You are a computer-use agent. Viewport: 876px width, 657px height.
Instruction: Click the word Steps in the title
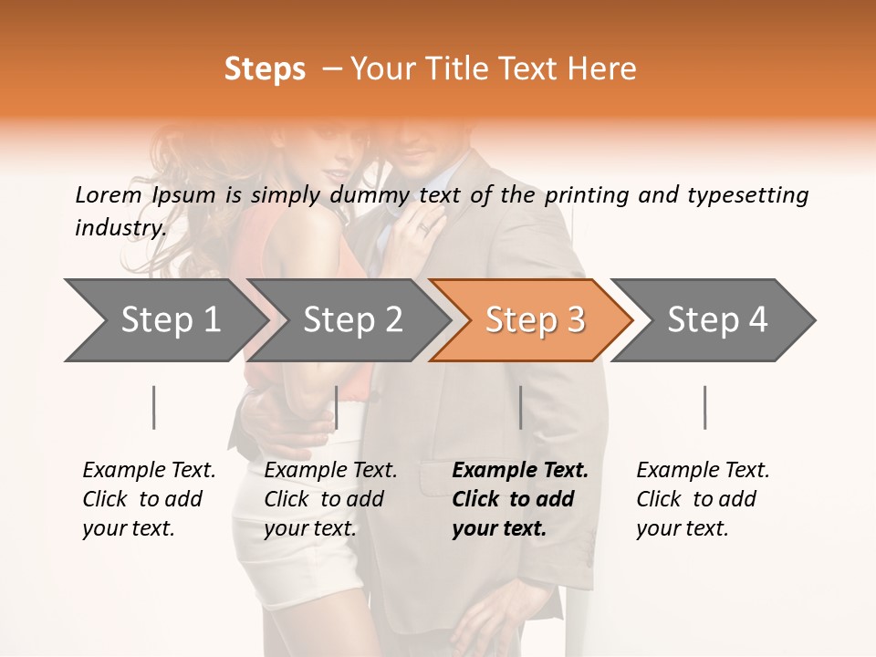point(265,69)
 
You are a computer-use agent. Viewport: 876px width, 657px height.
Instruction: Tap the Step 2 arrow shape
point(347,320)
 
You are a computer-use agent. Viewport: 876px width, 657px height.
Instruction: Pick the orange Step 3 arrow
point(530,320)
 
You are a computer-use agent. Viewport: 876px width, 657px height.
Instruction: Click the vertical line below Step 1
point(154,407)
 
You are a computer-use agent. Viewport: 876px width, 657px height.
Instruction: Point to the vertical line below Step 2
point(337,407)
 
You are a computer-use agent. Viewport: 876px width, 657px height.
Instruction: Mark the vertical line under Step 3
point(521,407)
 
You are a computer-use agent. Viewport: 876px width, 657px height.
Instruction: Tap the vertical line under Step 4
point(705,407)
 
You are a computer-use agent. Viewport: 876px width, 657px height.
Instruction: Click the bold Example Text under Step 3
point(520,499)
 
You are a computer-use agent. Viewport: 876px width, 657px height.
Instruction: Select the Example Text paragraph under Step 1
point(149,499)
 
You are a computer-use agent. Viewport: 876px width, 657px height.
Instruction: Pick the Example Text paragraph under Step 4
point(703,499)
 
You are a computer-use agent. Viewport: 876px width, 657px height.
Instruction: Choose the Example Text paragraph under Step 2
point(330,499)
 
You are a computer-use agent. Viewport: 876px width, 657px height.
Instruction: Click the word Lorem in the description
point(108,194)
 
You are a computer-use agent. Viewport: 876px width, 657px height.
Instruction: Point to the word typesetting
point(747,194)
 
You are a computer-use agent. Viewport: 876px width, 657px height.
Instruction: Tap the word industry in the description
point(120,227)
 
